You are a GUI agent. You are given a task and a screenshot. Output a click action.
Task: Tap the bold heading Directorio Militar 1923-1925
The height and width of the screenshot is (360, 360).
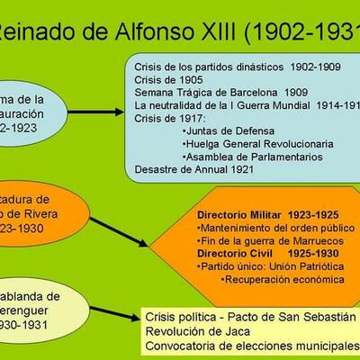click(256, 215)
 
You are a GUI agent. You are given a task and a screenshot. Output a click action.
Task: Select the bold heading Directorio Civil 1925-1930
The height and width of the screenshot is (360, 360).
click(256, 254)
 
